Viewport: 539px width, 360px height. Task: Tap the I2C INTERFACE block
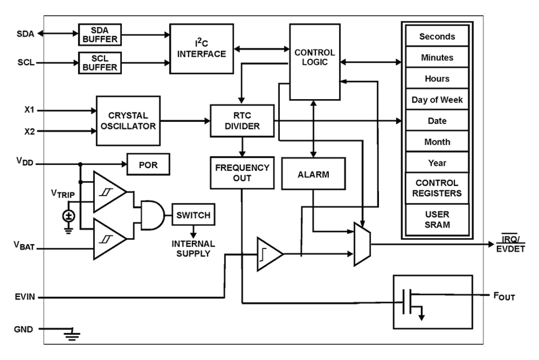coord(202,48)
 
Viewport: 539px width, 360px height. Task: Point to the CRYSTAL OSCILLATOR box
coord(128,121)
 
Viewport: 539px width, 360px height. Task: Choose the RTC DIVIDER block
coord(242,121)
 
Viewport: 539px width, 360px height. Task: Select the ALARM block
coord(313,173)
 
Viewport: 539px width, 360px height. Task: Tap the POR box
coord(148,164)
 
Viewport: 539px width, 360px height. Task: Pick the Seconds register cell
coord(437,36)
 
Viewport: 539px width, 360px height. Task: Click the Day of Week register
coord(437,100)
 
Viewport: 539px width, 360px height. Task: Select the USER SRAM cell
coord(437,219)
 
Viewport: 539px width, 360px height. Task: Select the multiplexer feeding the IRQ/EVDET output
coord(362,244)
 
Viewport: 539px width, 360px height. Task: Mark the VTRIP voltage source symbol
coord(67,215)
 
